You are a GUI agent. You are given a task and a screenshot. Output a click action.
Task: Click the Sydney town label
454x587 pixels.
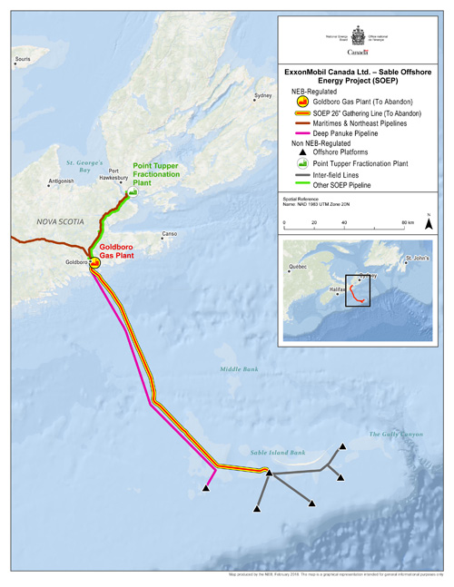[x=263, y=95]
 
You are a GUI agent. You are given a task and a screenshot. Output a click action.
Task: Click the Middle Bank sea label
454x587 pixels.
[x=239, y=368]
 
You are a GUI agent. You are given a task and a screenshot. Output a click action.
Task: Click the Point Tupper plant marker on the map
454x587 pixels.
[x=133, y=192]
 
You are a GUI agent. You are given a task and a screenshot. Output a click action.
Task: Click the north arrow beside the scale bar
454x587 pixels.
[x=429, y=220]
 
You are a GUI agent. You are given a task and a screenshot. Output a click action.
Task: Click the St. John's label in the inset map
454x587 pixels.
[x=418, y=259]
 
